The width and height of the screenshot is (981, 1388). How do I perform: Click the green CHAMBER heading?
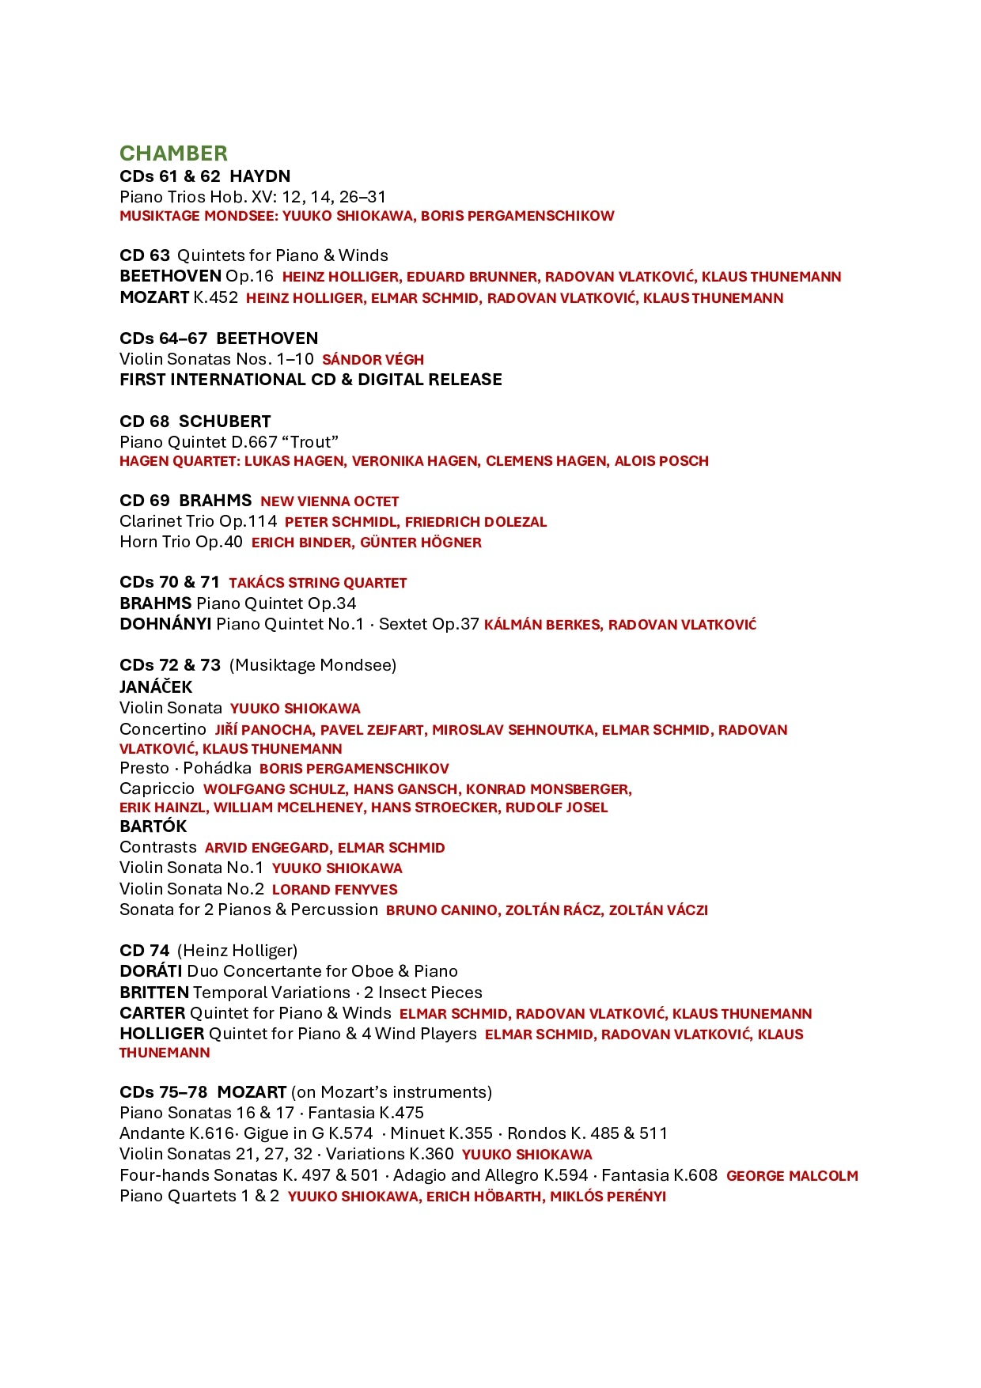(x=173, y=153)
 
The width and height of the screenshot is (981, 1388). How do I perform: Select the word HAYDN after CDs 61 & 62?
(x=259, y=176)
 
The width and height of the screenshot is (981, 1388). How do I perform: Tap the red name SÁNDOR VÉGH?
(x=373, y=360)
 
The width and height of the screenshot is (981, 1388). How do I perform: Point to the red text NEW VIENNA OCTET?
(x=329, y=501)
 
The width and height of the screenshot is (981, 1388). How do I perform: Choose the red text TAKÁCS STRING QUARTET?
(x=317, y=583)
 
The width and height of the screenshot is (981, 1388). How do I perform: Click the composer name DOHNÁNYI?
(x=165, y=624)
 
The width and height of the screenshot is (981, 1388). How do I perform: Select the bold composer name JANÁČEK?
(x=156, y=686)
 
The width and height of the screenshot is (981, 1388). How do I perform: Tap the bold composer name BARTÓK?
(x=153, y=826)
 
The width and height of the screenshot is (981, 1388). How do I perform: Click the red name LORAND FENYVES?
(x=335, y=890)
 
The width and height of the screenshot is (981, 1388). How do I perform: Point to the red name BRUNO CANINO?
(x=441, y=910)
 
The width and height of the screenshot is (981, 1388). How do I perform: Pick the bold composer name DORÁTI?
(x=151, y=971)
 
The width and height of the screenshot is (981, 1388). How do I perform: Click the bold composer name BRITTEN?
(x=154, y=993)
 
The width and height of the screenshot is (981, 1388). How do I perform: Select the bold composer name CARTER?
(x=153, y=1013)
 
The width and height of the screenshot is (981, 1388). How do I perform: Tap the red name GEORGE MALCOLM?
(x=792, y=1176)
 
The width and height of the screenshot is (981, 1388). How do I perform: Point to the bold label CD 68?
(x=145, y=422)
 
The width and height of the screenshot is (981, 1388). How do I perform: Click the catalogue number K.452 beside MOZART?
(x=216, y=298)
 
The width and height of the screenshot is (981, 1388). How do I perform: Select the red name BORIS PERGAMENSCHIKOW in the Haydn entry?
(x=517, y=216)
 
